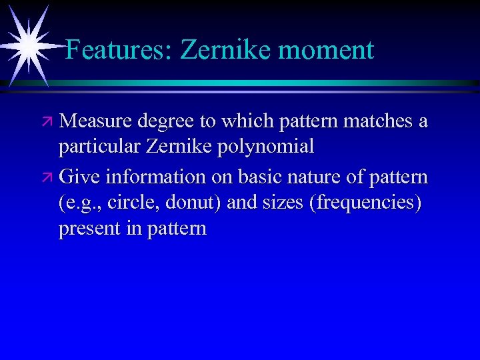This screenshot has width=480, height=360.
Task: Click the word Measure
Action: tap(95, 121)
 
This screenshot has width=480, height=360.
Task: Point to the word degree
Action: tap(165, 123)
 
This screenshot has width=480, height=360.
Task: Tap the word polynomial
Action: tap(266, 147)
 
